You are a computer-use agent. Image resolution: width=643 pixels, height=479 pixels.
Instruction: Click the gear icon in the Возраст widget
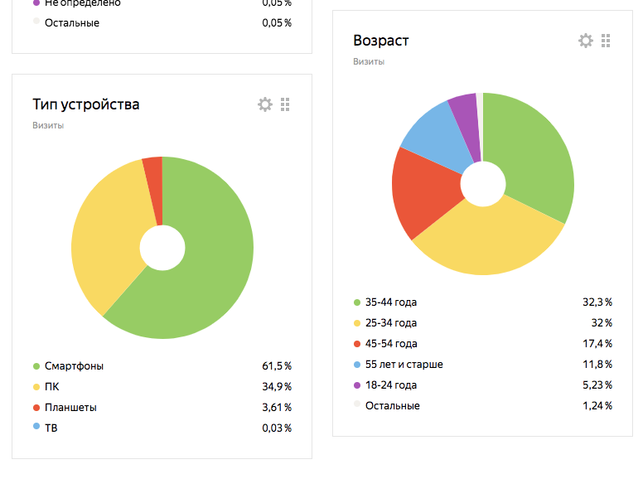point(586,41)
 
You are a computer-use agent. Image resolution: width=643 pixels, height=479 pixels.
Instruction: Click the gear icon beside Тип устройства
point(265,104)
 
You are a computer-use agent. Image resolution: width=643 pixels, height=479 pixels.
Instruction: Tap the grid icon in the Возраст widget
point(606,41)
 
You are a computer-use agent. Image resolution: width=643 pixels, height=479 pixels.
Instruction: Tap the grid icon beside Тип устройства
point(285,104)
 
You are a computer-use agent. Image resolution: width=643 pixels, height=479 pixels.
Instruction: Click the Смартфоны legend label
point(74,365)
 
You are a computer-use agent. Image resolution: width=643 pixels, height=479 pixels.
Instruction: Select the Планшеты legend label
point(71,407)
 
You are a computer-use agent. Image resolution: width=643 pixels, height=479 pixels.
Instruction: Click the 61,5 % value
point(276,365)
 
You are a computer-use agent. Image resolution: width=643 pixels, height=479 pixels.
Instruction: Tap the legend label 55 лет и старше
point(404,365)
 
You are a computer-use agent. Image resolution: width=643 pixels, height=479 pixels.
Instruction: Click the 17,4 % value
point(597,344)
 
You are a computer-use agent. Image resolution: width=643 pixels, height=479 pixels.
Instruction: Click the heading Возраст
point(380,41)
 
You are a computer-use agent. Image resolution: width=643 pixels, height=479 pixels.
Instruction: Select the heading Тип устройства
point(85,104)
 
